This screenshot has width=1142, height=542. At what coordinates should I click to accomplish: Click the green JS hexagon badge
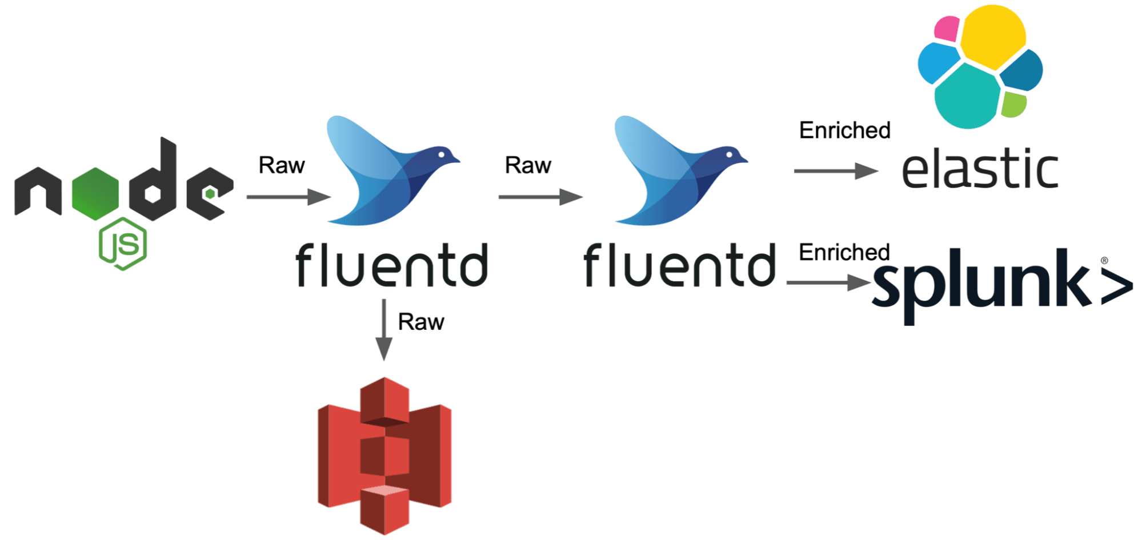(123, 244)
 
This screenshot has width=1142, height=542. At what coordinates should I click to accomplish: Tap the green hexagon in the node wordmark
(95, 194)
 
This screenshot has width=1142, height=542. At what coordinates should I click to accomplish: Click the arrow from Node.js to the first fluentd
(288, 197)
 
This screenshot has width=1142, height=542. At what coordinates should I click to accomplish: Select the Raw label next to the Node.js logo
(282, 165)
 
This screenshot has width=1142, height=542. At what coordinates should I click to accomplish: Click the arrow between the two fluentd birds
(540, 197)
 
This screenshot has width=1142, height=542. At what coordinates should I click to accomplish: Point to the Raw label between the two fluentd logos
(528, 165)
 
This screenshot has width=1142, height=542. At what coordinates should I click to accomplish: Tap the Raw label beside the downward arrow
(421, 322)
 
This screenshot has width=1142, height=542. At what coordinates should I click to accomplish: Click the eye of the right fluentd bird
(730, 154)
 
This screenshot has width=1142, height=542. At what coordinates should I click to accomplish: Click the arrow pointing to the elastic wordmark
(836, 170)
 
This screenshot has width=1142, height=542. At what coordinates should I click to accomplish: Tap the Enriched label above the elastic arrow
(845, 130)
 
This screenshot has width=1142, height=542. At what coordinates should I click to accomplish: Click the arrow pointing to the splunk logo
(828, 282)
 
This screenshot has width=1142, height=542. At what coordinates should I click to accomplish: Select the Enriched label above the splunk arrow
(844, 252)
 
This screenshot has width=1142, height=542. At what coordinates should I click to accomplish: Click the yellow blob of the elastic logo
(993, 35)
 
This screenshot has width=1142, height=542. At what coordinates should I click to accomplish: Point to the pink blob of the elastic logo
(947, 29)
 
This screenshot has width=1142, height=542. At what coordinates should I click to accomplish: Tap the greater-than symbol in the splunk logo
(1116, 286)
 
